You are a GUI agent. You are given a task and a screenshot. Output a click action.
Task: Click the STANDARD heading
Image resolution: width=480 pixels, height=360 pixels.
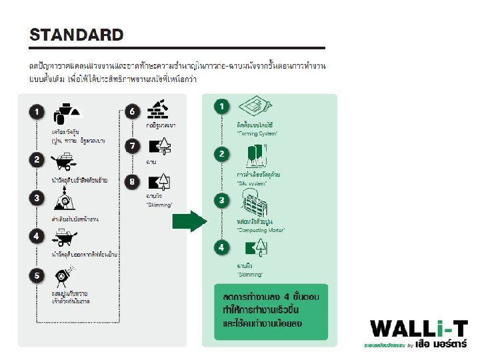[77, 35]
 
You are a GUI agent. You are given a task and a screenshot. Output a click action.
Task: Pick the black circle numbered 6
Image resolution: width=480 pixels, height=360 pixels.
[133, 111]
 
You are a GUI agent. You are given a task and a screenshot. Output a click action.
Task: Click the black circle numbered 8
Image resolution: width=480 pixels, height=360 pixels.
[133, 180]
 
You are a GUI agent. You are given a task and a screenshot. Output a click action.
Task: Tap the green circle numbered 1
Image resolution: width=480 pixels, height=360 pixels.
[221, 106]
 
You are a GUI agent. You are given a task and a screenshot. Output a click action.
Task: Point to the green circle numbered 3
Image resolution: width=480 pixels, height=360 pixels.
[221, 200]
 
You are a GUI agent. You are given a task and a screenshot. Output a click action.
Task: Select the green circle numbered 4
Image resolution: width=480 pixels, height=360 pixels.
[221, 247]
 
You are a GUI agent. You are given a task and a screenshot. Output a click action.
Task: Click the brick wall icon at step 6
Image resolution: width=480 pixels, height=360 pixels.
[159, 109]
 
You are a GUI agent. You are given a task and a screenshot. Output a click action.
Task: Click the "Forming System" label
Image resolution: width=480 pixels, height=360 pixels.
[257, 133]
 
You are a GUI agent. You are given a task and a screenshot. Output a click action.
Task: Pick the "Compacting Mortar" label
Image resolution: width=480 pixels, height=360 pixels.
[261, 229]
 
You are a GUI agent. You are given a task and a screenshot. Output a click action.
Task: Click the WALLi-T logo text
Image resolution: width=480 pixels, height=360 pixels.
[419, 329]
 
